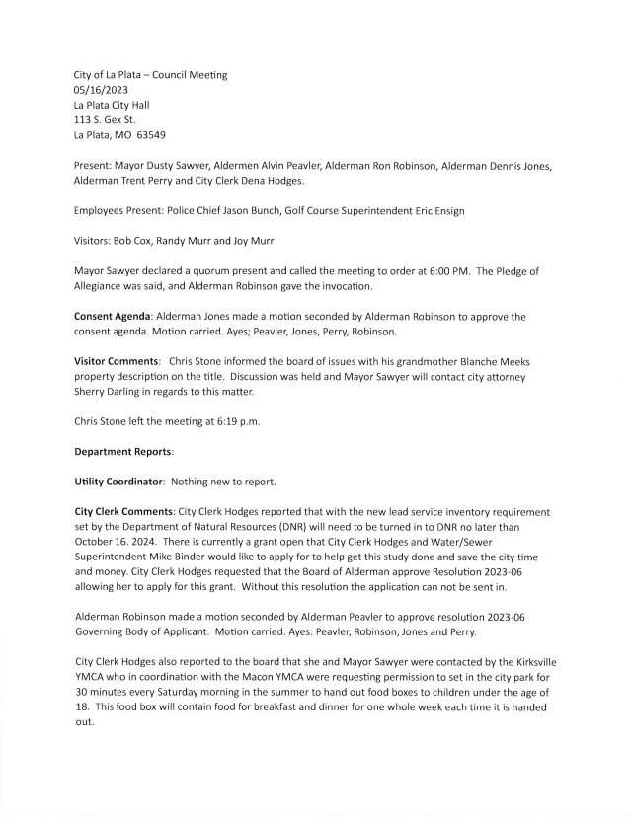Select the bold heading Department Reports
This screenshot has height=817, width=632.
124,451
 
